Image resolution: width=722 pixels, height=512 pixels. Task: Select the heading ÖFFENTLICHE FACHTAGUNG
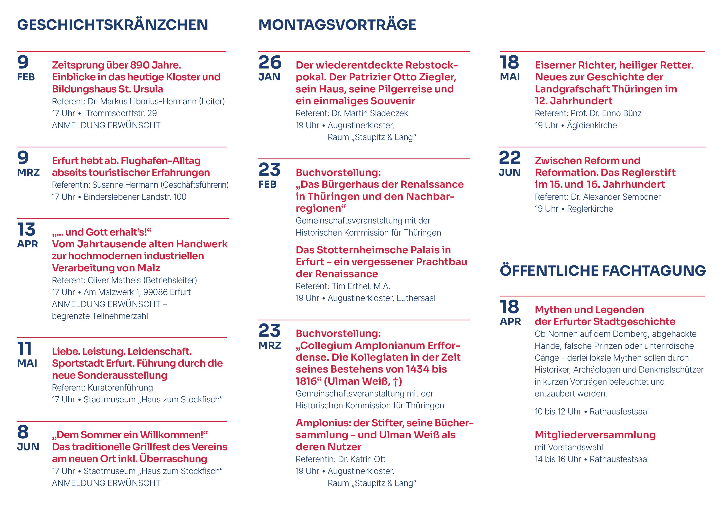(x=603, y=271)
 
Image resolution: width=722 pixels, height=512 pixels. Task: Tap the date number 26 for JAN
(x=270, y=62)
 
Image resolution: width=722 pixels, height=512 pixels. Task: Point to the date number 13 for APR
(x=26, y=229)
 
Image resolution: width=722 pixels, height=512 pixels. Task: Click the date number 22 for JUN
(x=510, y=158)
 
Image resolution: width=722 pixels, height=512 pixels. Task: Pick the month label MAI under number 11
(x=27, y=363)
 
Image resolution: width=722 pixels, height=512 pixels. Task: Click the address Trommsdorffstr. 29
(x=121, y=113)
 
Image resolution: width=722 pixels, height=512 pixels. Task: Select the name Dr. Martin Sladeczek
(x=370, y=113)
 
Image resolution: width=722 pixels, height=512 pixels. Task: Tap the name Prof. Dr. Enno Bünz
(x=606, y=113)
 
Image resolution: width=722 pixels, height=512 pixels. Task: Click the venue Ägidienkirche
(x=592, y=125)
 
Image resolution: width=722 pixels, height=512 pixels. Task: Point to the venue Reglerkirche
(x=590, y=209)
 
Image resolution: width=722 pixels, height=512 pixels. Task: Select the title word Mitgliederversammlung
(x=595, y=435)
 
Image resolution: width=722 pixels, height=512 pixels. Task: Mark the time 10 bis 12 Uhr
(x=557, y=411)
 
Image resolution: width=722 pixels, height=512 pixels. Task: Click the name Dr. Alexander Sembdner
(x=615, y=197)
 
